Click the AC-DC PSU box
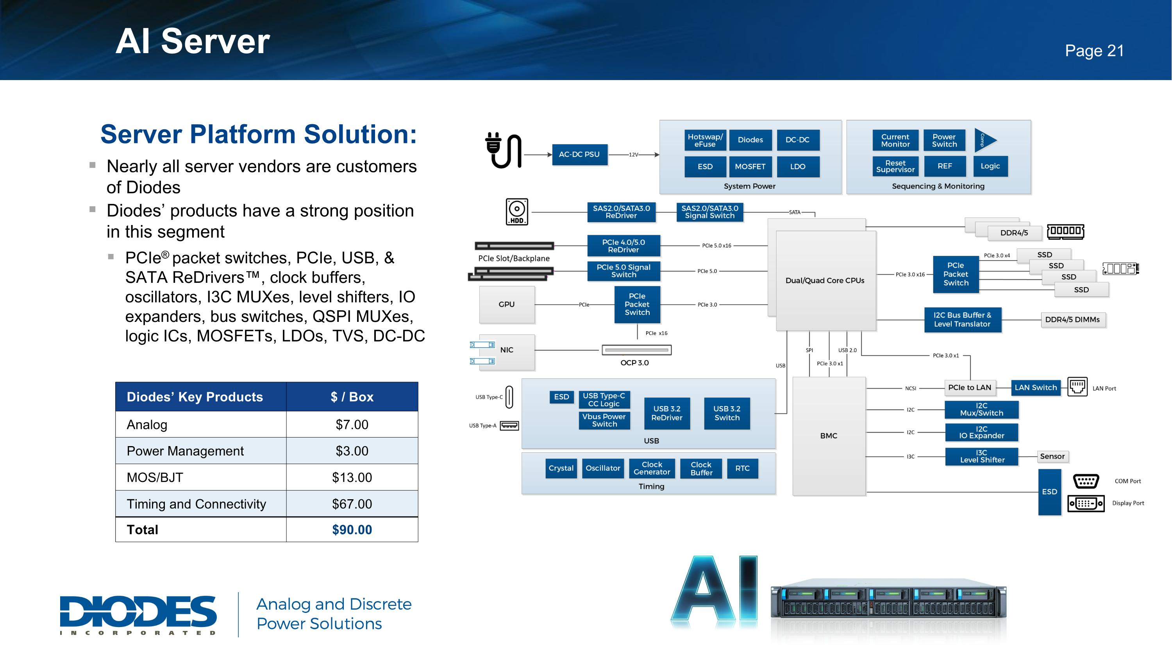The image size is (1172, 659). [579, 155]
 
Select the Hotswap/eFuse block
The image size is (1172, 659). [705, 140]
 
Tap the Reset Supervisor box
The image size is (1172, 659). [895, 166]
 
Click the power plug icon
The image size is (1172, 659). [503, 150]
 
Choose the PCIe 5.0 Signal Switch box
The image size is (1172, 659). [623, 271]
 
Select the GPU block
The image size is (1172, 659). [506, 304]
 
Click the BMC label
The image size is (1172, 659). [829, 436]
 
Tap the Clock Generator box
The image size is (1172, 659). [652, 468]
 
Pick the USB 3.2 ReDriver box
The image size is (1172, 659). [666, 413]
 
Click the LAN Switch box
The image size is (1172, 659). [1036, 388]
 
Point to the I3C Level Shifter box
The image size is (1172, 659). [982, 456]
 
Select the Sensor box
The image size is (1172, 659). [1052, 456]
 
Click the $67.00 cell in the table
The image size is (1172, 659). [352, 504]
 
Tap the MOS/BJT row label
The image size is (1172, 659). [155, 477]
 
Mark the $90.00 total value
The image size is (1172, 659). [352, 530]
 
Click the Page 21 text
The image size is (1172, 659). [1094, 50]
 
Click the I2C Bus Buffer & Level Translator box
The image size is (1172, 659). [962, 320]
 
